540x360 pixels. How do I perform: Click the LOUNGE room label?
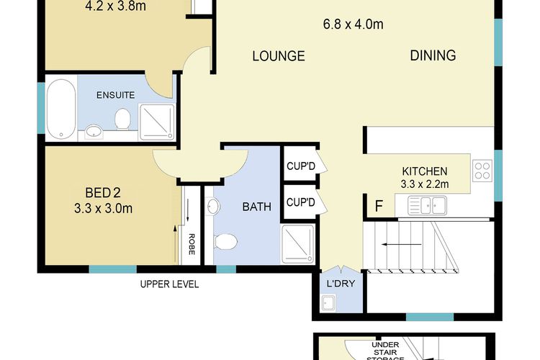(279, 56)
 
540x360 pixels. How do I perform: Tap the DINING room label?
(433, 55)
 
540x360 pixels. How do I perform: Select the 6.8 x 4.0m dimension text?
(353, 24)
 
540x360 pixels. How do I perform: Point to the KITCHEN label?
(425, 171)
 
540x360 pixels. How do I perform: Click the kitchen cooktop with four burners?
(482, 171)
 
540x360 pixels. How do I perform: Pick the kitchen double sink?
(428, 207)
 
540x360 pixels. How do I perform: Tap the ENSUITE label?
(115, 95)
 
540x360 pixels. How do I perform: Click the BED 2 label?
(102, 193)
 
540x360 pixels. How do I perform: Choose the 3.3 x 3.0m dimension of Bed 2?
(103, 210)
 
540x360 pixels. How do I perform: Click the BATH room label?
(256, 207)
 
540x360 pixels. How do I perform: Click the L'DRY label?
(341, 283)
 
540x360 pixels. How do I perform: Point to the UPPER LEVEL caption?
(169, 284)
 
